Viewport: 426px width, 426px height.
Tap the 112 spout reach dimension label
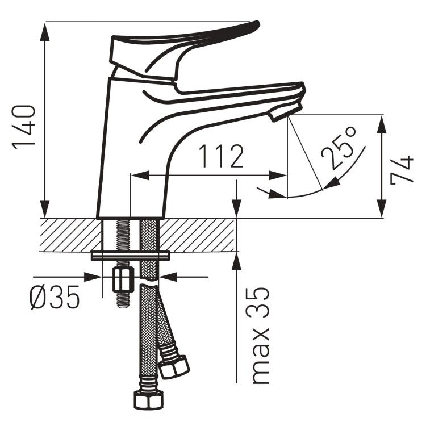click(x=220, y=156)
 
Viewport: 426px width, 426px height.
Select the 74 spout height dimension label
click(x=402, y=170)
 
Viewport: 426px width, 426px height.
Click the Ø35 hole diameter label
click(x=55, y=297)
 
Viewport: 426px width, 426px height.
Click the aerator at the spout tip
click(x=285, y=111)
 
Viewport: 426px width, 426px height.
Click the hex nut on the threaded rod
click(x=123, y=279)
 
